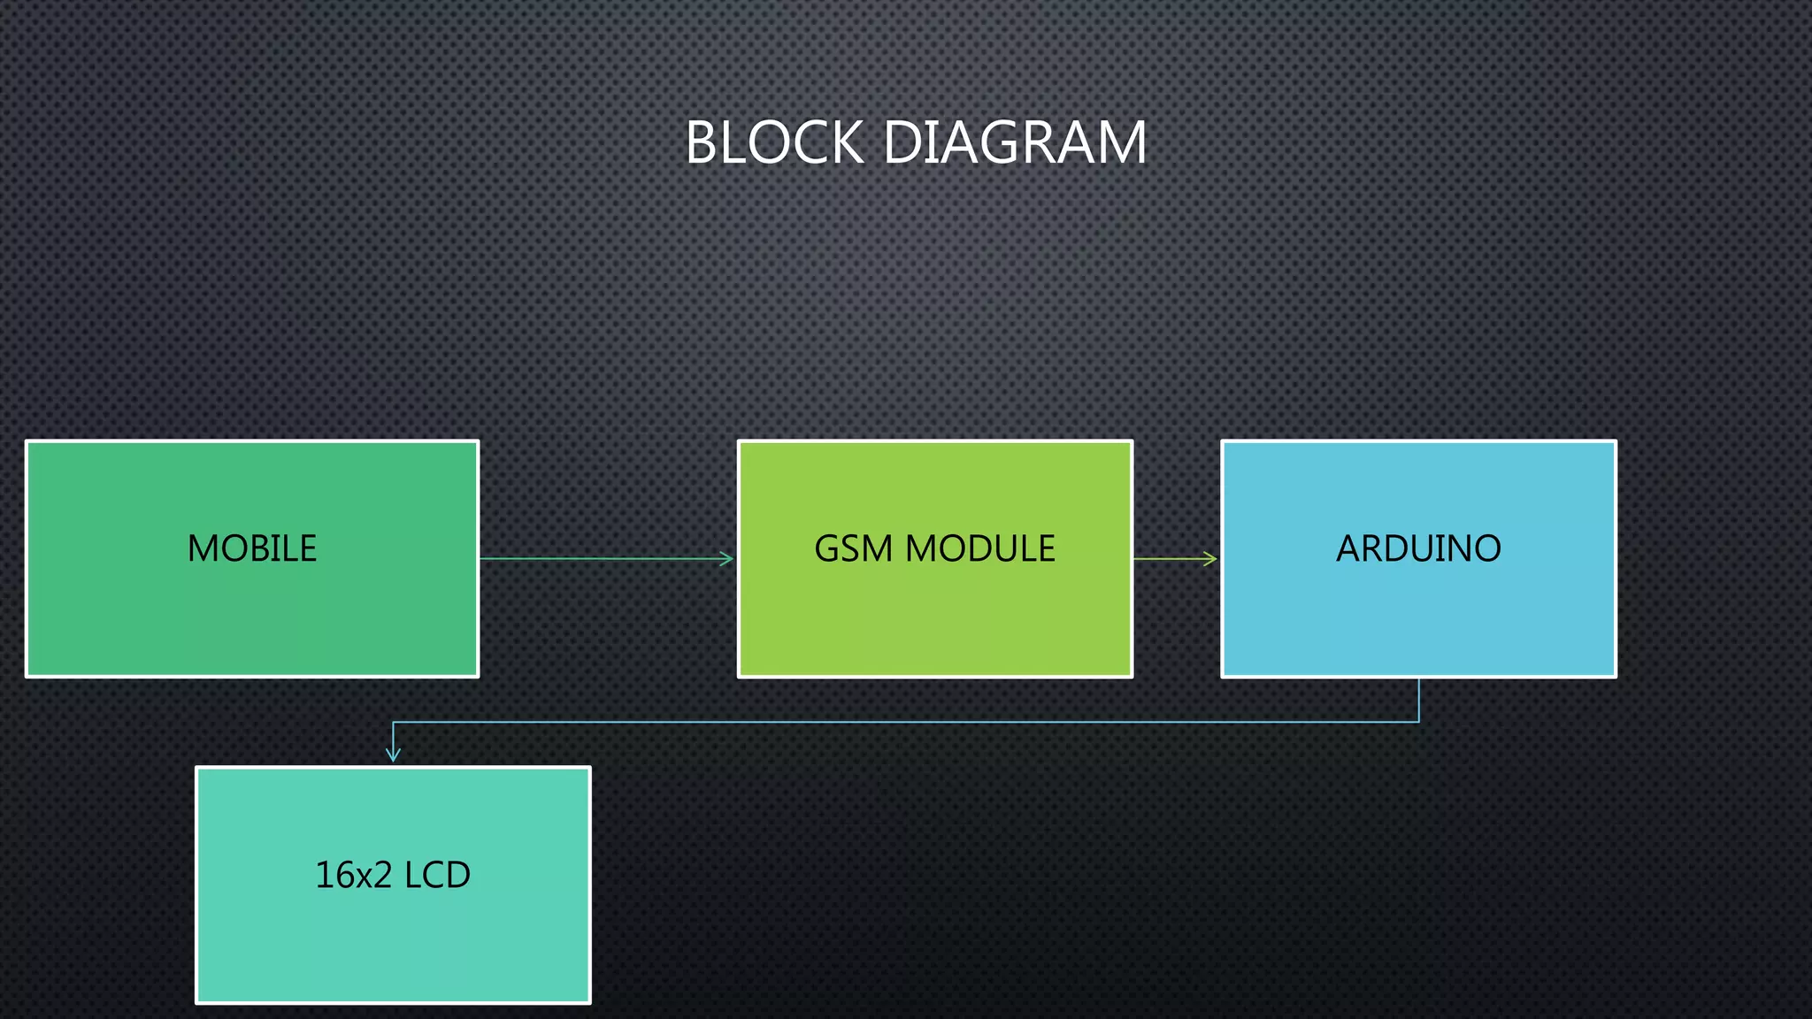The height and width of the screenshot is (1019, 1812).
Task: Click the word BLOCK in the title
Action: click(774, 142)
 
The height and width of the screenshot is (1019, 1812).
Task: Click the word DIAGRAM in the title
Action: click(1015, 142)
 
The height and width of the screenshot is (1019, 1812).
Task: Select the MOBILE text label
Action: click(252, 548)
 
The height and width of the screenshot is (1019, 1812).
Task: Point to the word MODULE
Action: click(980, 548)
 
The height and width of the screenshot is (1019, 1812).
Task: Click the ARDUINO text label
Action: click(1418, 548)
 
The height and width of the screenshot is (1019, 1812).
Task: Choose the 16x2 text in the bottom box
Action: click(353, 875)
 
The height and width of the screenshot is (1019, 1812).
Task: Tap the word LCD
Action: click(437, 875)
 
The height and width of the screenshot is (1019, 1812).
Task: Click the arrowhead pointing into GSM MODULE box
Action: click(727, 558)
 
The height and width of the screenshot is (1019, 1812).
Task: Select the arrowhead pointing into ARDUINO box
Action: click(1211, 558)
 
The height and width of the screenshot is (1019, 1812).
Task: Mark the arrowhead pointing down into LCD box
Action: click(393, 755)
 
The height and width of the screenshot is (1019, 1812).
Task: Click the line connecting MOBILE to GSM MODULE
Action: click(602, 558)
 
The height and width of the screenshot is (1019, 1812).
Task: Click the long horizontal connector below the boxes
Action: click(902, 723)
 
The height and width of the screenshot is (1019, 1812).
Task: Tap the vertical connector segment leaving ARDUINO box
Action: click(1418, 700)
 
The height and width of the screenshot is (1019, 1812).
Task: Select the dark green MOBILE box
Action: click(252, 619)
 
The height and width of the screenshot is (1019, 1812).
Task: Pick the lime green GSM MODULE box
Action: click(935, 619)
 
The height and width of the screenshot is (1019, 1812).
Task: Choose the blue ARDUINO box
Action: click(1418, 619)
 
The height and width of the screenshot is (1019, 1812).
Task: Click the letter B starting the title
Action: click(701, 142)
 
